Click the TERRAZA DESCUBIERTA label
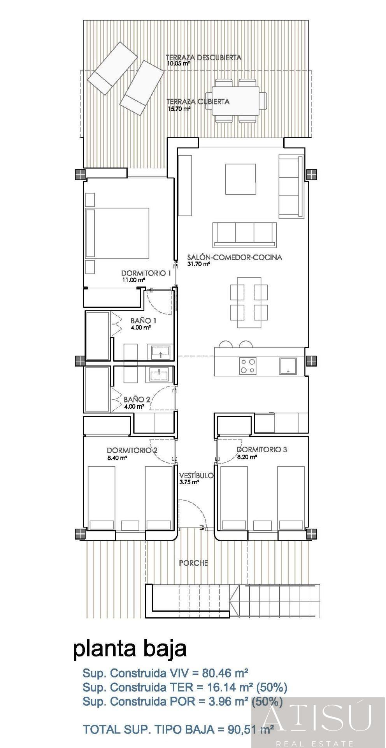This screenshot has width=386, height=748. pyautogui.click(x=204, y=58)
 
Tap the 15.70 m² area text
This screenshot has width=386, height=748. pyautogui.click(x=179, y=109)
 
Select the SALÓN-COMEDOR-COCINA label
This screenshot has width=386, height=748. pyautogui.click(x=235, y=257)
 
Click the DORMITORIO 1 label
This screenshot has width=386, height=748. pyautogui.click(x=146, y=273)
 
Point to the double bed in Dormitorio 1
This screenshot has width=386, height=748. pyautogui.click(x=117, y=233)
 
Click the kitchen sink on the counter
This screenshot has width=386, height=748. pyautogui.click(x=288, y=366)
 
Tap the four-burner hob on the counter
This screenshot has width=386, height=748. pyautogui.click(x=247, y=366)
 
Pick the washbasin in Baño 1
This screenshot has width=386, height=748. pyautogui.click(x=160, y=353)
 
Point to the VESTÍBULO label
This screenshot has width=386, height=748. pyautogui.click(x=196, y=475)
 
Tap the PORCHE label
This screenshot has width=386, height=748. pyautogui.click(x=193, y=563)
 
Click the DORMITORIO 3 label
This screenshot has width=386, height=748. pyautogui.click(x=262, y=450)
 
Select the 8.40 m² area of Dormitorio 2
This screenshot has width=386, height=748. pyautogui.click(x=117, y=458)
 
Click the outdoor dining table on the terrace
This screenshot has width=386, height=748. pyautogui.click(x=236, y=101)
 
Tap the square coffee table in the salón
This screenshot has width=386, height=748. pyautogui.click(x=240, y=179)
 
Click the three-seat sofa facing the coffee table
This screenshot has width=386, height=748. pyautogui.click(x=245, y=235)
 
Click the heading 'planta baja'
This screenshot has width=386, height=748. pyautogui.click(x=130, y=649)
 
